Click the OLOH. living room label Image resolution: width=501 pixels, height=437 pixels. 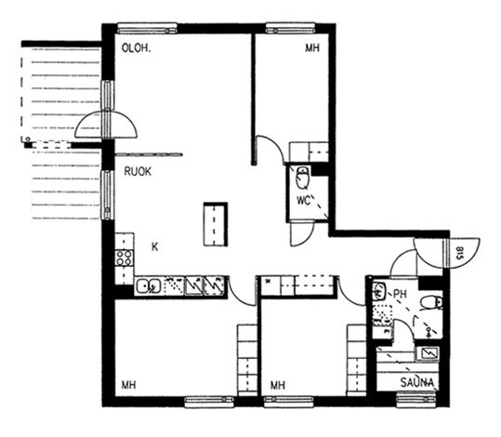(136, 48)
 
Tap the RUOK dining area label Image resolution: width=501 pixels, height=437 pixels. (138, 172)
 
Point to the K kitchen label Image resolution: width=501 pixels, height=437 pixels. (155, 246)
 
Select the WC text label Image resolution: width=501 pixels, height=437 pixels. (304, 201)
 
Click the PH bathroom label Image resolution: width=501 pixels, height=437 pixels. (400, 294)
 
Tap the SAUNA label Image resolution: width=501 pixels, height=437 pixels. (417, 382)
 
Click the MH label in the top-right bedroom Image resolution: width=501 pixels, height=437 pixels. (312, 48)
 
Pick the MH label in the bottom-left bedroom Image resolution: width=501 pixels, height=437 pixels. (129, 385)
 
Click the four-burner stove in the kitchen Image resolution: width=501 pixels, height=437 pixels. (124, 258)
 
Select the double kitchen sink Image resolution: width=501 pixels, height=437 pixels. (149, 285)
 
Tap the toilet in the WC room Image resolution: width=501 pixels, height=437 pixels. (302, 178)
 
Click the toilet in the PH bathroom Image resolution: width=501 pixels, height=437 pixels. (431, 302)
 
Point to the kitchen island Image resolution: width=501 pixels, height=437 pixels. (216, 224)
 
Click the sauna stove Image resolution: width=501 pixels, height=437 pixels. (428, 353)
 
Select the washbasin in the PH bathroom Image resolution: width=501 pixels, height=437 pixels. (379, 290)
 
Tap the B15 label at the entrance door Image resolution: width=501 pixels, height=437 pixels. (459, 253)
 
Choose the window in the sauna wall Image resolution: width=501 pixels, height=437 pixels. (416, 401)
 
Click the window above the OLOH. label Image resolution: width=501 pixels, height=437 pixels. (147, 28)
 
